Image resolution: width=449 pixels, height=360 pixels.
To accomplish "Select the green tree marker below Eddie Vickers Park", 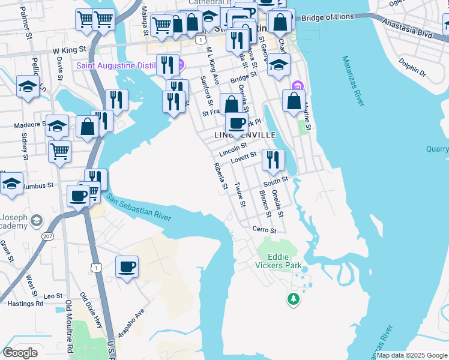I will tap(293, 298).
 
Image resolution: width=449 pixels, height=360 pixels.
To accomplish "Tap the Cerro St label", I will tap(264, 230).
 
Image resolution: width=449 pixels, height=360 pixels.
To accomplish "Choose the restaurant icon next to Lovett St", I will tap(273, 160).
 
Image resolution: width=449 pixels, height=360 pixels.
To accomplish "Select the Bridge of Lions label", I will tap(328, 18).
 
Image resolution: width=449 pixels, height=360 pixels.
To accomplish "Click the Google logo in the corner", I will tap(20, 353).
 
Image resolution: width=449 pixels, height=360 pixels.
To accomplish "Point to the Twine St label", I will tap(240, 195).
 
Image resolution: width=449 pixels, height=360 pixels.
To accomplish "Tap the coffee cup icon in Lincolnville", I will tap(237, 123).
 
